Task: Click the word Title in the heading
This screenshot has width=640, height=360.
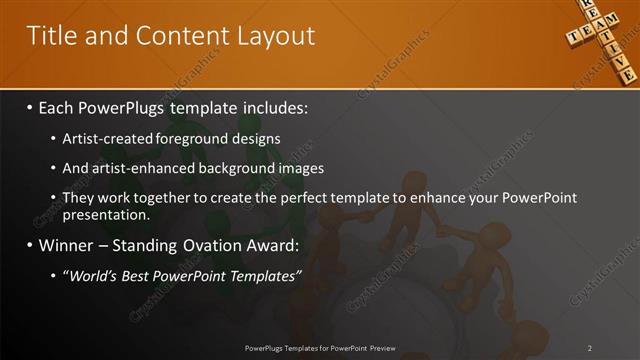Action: pos(49,37)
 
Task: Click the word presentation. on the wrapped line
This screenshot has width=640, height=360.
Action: pos(106,215)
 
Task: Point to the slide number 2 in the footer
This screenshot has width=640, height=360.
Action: pos(589,348)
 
